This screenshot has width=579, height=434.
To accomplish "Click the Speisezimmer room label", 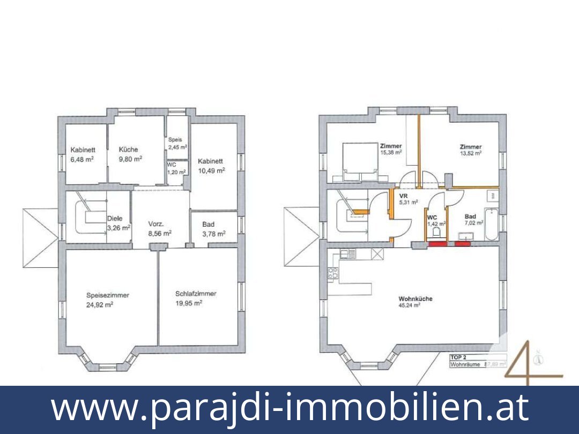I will click(108, 295).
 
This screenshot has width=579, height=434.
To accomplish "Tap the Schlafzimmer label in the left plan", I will click(196, 294).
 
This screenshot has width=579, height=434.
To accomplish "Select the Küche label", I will click(128, 149).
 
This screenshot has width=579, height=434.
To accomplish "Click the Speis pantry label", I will click(175, 140).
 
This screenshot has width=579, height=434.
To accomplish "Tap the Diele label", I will click(115, 219).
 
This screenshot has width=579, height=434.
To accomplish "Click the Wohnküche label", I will click(415, 299).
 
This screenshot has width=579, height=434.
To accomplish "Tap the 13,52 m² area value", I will click(470, 153).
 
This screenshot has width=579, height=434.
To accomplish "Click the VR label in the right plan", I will click(404, 196).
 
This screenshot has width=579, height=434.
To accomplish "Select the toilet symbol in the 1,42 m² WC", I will click(437, 233).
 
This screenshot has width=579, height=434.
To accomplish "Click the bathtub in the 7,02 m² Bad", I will click(491, 224).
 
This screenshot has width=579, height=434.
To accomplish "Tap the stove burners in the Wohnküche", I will click(331, 274).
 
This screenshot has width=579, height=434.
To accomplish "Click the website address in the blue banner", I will click(289, 408).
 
